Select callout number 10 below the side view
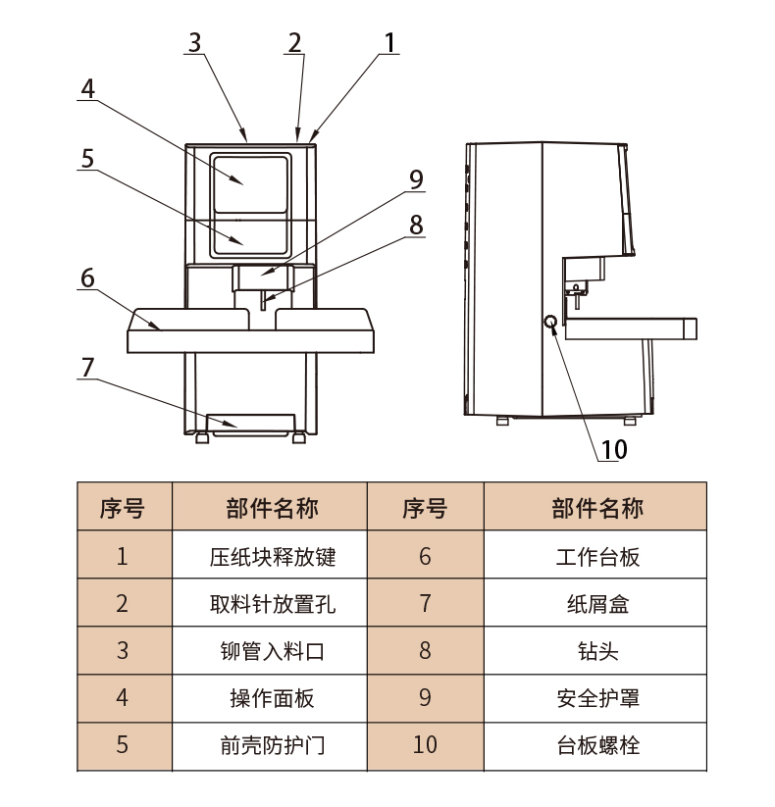613,449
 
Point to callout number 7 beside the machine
87,367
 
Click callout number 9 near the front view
416,178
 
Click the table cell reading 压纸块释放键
272,557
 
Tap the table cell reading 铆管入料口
272,651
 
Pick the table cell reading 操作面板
272,698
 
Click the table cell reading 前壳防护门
272,745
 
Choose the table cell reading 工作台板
597,557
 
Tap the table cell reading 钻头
597,651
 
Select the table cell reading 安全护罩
597,698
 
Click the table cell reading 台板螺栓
597,745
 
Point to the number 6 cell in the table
425,557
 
